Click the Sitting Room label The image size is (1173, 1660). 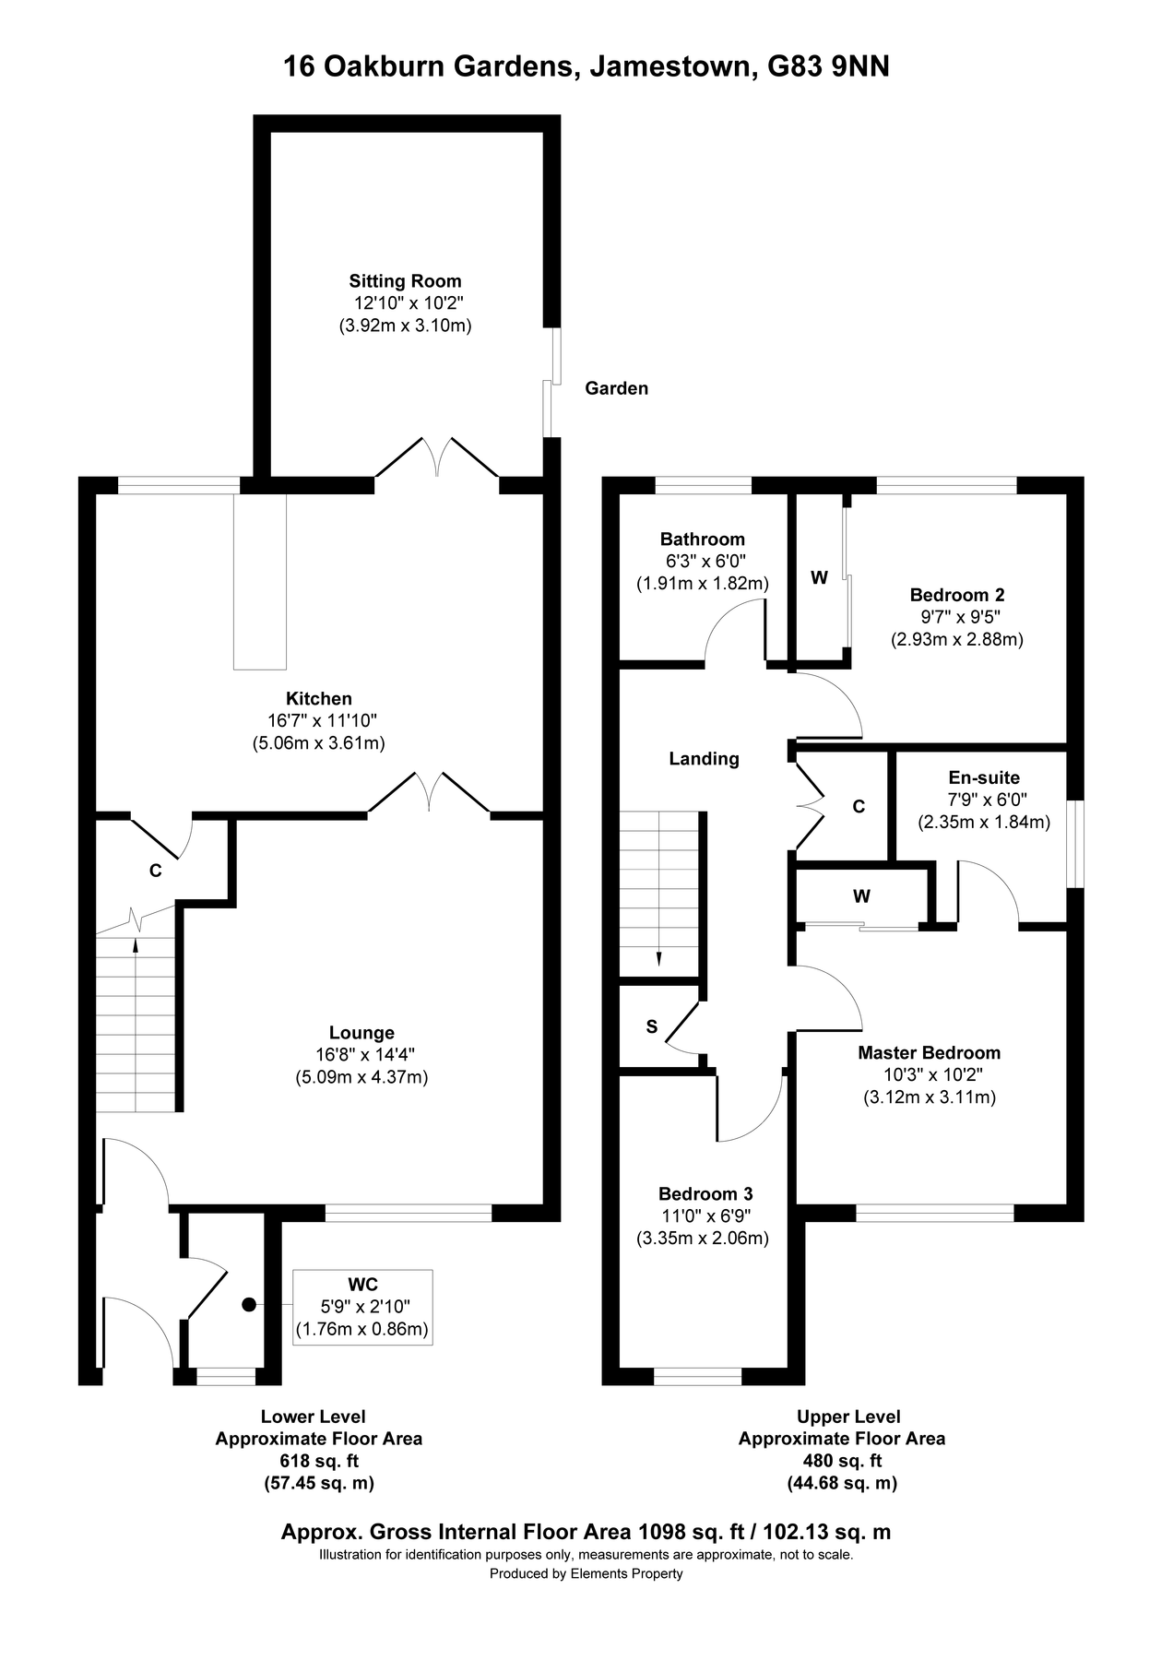(405, 281)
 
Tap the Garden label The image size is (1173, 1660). (616, 388)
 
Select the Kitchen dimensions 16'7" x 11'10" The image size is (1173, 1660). (318, 720)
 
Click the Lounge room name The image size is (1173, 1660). (361, 1033)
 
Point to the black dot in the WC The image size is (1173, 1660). (248, 1304)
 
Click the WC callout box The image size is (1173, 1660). (362, 1307)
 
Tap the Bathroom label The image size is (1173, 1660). (702, 539)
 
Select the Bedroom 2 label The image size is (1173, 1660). (956, 595)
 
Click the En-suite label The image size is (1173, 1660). (984, 777)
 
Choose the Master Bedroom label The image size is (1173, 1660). (929, 1052)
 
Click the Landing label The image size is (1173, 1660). (704, 759)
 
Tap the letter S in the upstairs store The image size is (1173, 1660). (652, 1026)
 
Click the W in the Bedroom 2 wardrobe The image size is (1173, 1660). (819, 578)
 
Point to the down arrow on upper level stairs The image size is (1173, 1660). (658, 958)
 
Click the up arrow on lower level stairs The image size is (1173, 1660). (136, 945)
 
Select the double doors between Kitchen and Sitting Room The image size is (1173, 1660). (437, 456)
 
